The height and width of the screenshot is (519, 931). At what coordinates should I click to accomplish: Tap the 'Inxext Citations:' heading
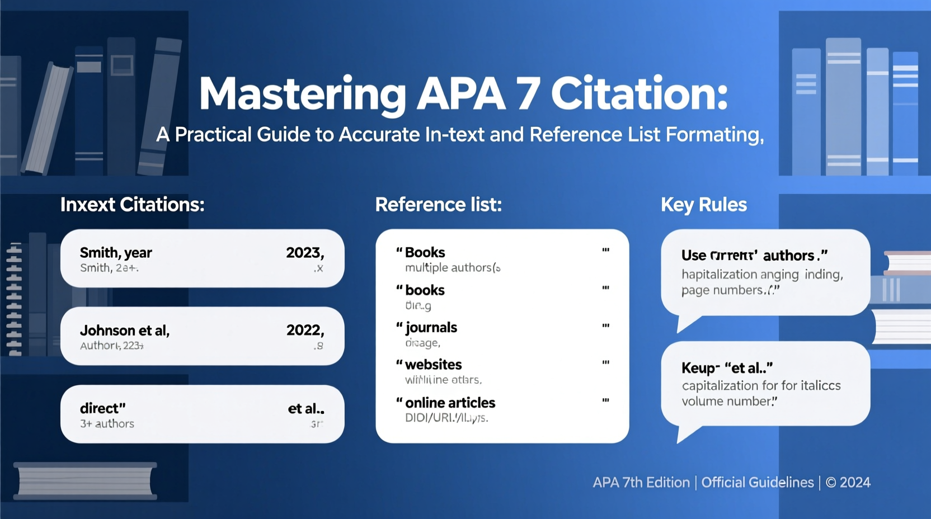point(133,205)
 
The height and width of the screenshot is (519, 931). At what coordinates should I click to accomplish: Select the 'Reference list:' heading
point(438,205)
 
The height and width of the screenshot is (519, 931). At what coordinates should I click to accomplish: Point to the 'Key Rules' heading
point(703,205)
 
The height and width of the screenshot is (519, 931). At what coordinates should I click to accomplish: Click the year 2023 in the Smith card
point(304,253)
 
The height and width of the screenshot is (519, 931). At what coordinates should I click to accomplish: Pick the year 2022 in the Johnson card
point(304,330)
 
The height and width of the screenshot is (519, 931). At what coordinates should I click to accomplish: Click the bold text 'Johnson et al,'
point(125,331)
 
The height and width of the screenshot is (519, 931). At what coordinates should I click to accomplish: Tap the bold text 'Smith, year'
point(116,253)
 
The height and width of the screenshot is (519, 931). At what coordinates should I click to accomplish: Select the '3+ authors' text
point(107,424)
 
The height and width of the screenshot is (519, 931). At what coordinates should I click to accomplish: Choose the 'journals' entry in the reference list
point(431,327)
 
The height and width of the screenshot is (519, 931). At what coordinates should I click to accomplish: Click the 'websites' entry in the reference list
point(433,365)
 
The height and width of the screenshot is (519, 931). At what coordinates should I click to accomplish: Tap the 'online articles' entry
point(450,403)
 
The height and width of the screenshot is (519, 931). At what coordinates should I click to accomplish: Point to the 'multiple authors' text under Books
point(448,268)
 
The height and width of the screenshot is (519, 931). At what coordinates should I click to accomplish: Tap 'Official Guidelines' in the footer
point(757,483)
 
